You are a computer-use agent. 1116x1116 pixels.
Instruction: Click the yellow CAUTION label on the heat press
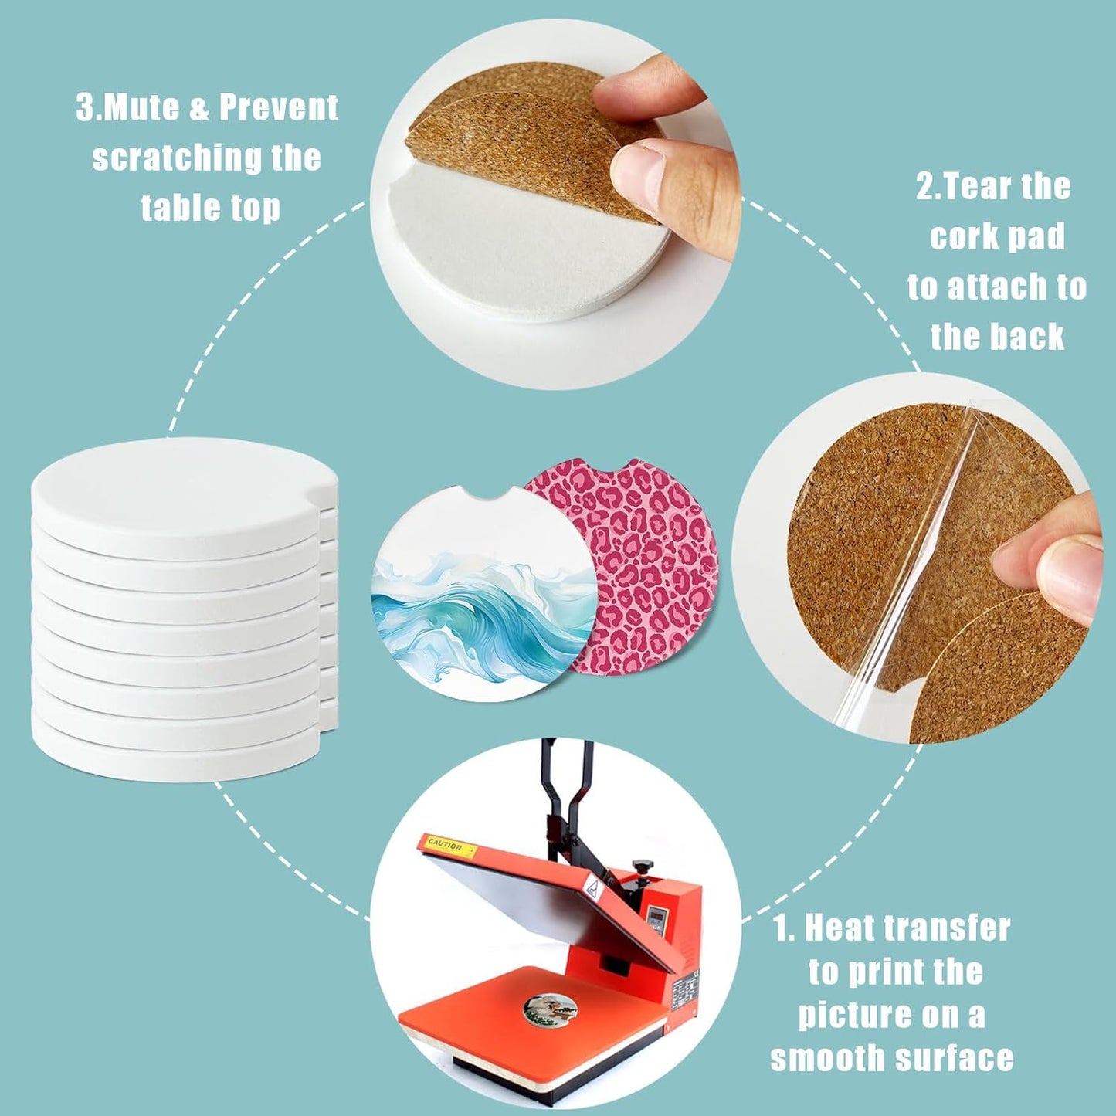point(447,845)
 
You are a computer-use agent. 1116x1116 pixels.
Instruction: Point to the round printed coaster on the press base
point(550,1009)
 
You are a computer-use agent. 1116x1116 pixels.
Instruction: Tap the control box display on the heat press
point(657,918)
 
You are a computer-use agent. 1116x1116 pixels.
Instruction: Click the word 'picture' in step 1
point(843,1015)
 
